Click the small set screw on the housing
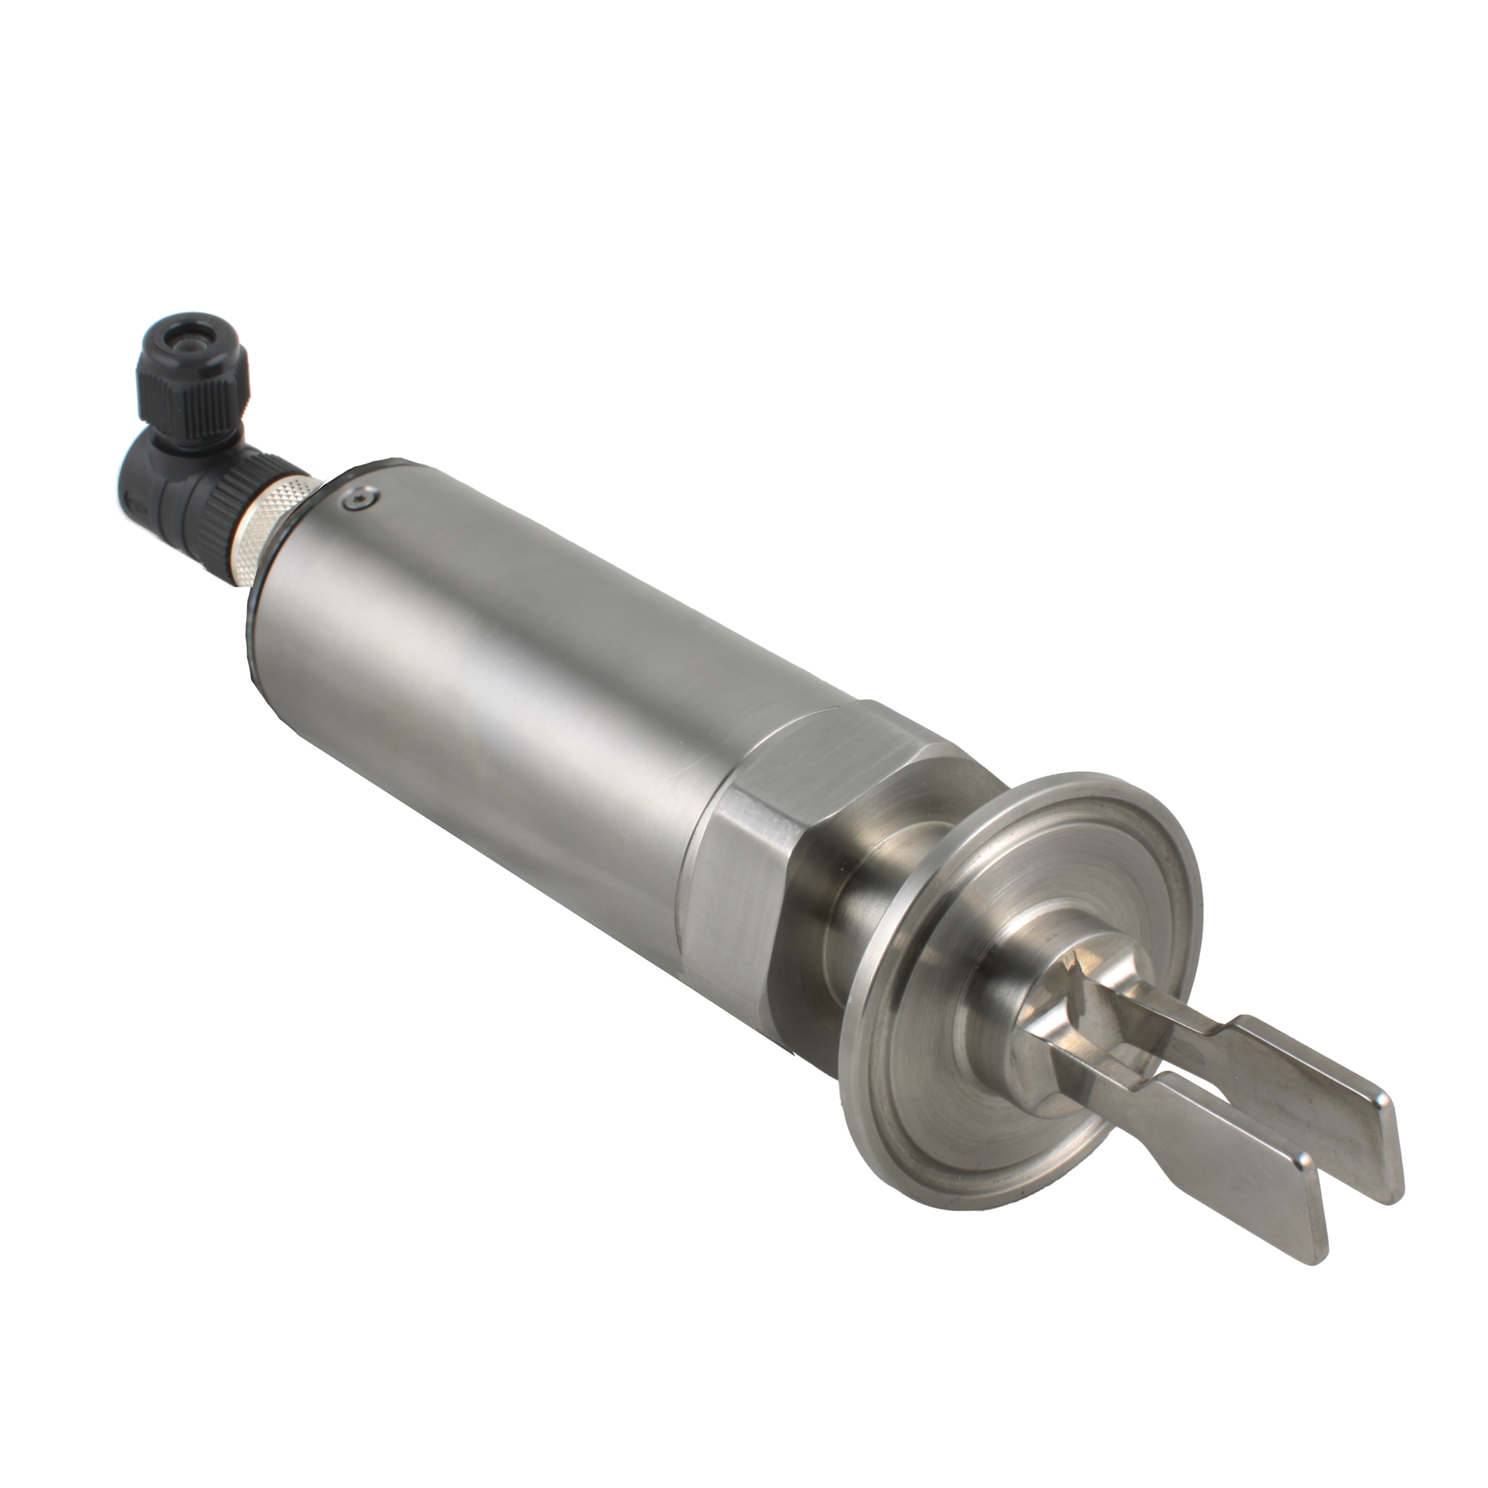point(362,500)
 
